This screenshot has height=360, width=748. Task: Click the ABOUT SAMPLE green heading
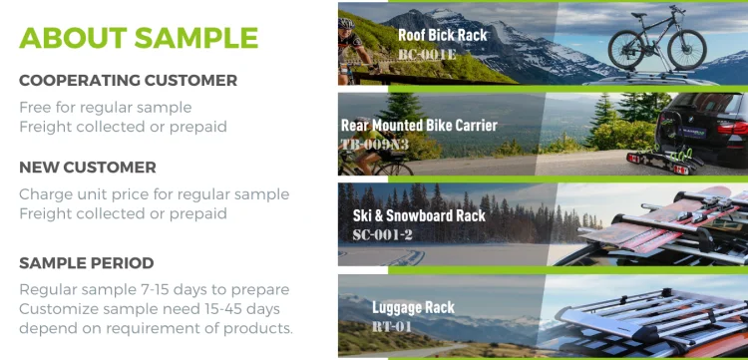pyautogui.click(x=139, y=38)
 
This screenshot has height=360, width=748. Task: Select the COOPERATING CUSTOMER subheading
pyautogui.click(x=128, y=81)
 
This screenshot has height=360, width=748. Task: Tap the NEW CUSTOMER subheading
pyautogui.click(x=88, y=168)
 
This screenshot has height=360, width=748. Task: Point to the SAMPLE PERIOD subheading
pyautogui.click(x=87, y=263)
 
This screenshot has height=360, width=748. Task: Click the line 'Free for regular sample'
pyautogui.click(x=106, y=108)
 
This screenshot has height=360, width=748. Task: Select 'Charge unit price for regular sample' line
pyautogui.click(x=154, y=194)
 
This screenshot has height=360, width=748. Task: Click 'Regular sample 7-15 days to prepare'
pyautogui.click(x=154, y=290)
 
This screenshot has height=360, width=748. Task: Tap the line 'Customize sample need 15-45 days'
pyautogui.click(x=150, y=309)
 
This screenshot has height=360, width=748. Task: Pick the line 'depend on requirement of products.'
pyautogui.click(x=156, y=328)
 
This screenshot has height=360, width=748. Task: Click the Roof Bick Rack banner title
pyautogui.click(x=443, y=35)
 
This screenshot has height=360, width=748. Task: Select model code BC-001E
pyautogui.click(x=427, y=55)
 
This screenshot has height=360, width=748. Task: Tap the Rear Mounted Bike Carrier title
pyautogui.click(x=419, y=126)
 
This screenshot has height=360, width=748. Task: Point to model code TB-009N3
pyautogui.click(x=374, y=144)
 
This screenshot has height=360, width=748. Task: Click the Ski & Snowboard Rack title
pyautogui.click(x=419, y=215)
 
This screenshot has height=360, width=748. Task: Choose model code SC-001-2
pyautogui.click(x=383, y=234)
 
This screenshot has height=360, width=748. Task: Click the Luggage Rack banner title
pyautogui.click(x=413, y=307)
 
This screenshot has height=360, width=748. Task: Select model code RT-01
pyautogui.click(x=391, y=327)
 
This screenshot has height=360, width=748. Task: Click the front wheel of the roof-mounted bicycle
pyautogui.click(x=687, y=50)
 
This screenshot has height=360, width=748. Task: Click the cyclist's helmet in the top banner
pyautogui.click(x=346, y=23)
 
